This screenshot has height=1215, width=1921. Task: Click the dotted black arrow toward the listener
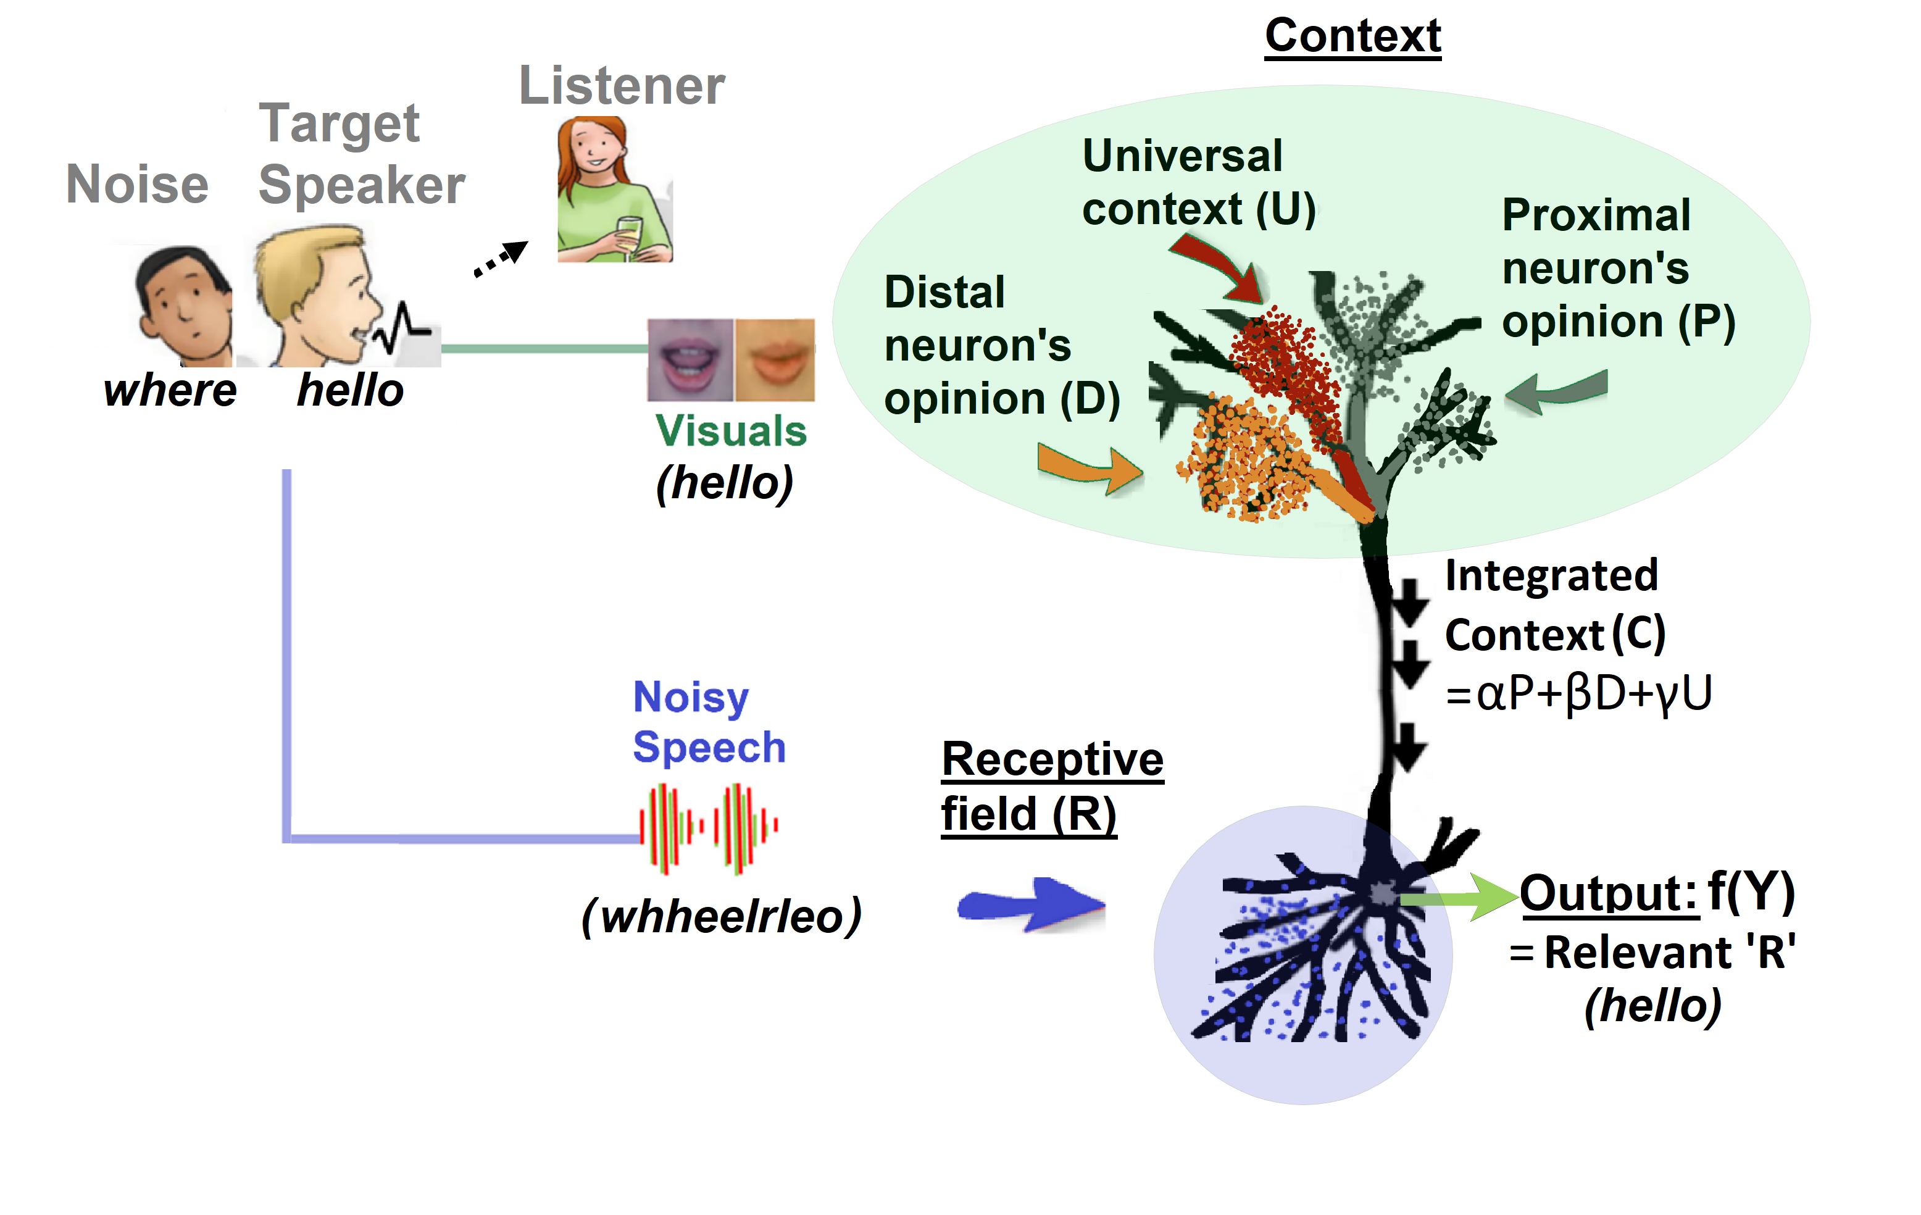tap(501, 259)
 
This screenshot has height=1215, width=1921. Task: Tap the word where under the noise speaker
tap(170, 391)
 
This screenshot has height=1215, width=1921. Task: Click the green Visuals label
tap(731, 432)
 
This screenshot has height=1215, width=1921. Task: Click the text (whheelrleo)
tap(721, 916)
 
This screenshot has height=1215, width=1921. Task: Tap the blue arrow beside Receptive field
tap(1031, 906)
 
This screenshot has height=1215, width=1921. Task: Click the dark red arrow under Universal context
tap(1220, 267)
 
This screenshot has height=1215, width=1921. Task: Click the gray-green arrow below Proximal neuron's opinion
tap(1556, 391)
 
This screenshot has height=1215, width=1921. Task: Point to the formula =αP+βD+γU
tap(1578, 693)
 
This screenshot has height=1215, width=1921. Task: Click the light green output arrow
tap(1458, 898)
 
